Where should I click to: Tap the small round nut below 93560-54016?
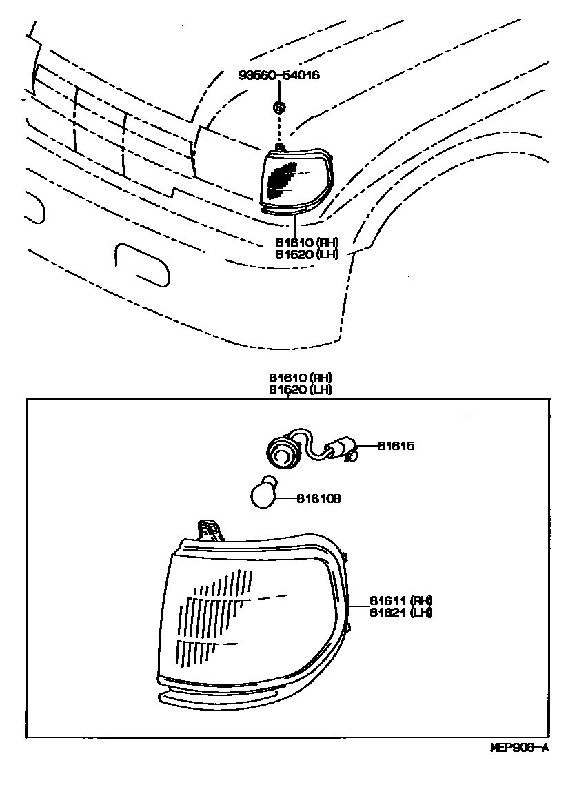(x=279, y=107)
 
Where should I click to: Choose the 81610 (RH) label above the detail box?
(x=301, y=378)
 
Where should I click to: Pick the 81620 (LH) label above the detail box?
(x=301, y=389)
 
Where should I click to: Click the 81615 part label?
(x=396, y=446)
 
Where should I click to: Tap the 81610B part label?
(x=318, y=498)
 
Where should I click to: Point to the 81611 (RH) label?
(x=400, y=600)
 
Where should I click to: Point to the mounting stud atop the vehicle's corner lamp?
(x=279, y=147)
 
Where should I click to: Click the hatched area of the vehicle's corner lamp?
(x=280, y=181)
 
